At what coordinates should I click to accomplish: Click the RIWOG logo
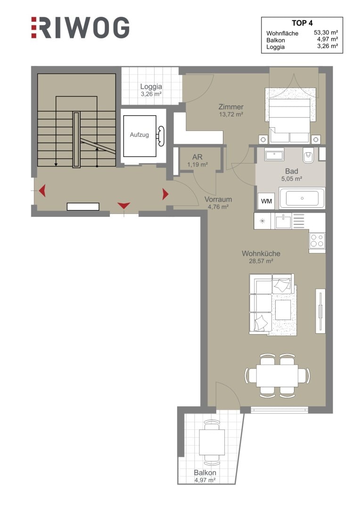click(x=80, y=28)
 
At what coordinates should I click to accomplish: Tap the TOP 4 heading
click(x=302, y=23)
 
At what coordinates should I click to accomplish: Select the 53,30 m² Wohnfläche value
click(x=326, y=33)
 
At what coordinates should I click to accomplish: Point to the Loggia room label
click(x=151, y=87)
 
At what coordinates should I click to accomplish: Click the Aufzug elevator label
click(x=139, y=134)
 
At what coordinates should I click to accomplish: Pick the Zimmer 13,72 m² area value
click(x=231, y=114)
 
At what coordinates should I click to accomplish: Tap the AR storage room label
click(x=197, y=157)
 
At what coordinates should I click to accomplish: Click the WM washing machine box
click(x=266, y=201)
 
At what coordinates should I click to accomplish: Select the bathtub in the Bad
click(x=302, y=198)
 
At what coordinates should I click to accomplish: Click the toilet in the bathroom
click(x=308, y=156)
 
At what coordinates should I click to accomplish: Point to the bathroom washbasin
click(x=274, y=155)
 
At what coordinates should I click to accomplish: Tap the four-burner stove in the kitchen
click(x=317, y=241)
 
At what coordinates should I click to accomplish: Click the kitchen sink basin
click(x=283, y=222)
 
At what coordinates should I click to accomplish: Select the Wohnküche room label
click(x=261, y=254)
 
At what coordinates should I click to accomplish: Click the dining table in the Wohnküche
click(x=277, y=376)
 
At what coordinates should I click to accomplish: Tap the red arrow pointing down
click(x=123, y=205)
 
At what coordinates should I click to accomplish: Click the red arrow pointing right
click(x=165, y=194)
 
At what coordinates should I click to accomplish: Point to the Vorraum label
click(x=218, y=199)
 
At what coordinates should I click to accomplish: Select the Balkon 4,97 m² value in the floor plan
click(x=205, y=480)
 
